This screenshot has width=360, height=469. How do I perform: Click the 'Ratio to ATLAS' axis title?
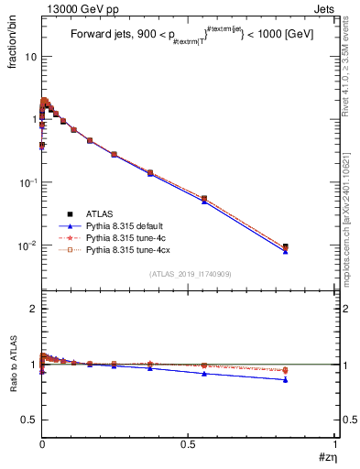tap(14, 387)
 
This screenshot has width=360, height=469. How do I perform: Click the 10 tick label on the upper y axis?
tap(30, 56)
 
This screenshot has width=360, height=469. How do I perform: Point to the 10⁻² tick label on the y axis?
tap(27, 245)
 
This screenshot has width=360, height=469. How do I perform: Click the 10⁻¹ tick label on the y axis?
tap(27, 182)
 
